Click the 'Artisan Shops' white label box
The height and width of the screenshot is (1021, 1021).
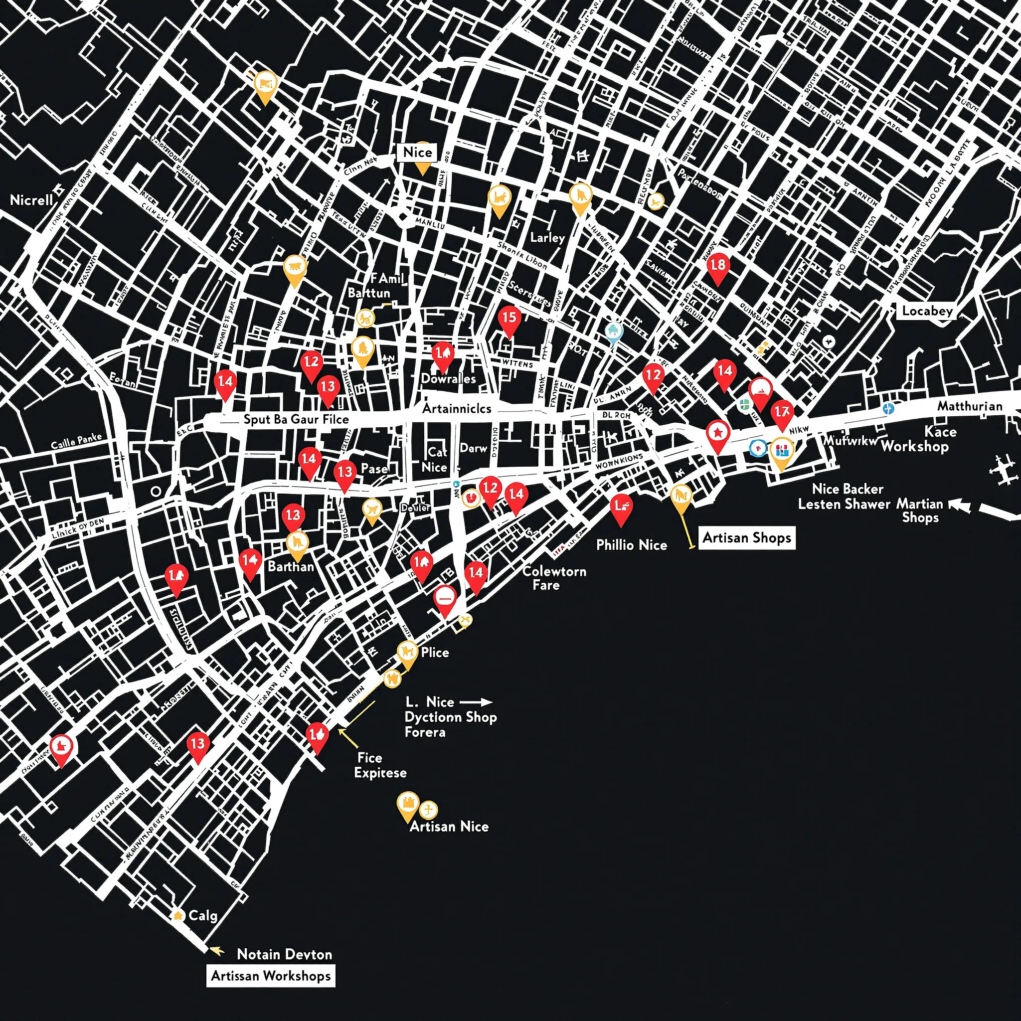[x=746, y=538]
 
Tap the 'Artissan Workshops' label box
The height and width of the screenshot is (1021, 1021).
[x=271, y=976]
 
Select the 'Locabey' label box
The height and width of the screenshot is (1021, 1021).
[x=927, y=311]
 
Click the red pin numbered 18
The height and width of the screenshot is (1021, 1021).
[x=718, y=265]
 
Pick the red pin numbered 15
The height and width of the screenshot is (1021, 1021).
[x=509, y=318]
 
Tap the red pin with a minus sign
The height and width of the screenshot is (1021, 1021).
[x=445, y=598]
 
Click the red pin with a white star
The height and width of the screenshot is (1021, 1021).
[x=718, y=433]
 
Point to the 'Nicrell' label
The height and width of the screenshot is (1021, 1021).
[x=32, y=200]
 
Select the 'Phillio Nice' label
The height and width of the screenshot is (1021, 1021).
[x=632, y=545]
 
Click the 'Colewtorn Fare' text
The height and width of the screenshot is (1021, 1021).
[x=554, y=578]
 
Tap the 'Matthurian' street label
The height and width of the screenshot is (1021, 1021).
[x=970, y=406]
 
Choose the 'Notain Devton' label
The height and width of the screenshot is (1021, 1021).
[x=284, y=954]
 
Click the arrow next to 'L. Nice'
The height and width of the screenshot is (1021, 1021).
[x=476, y=702]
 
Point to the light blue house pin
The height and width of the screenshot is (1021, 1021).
[x=613, y=332]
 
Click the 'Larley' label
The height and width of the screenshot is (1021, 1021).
[x=547, y=238]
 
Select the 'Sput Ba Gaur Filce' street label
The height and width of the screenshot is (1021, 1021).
[x=296, y=420]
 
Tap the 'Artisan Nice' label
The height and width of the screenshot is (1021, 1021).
[x=449, y=827]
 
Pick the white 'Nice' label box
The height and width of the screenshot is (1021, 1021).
[x=417, y=152]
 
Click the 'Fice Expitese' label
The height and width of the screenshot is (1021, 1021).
[x=380, y=765]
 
